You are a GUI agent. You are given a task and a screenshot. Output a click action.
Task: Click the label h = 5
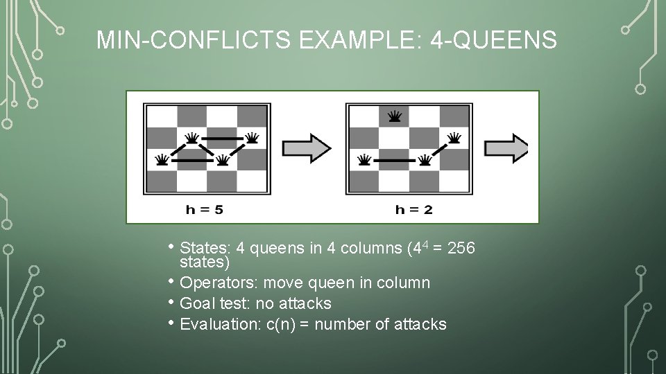[204, 209]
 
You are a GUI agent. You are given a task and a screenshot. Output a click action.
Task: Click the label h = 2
[413, 209]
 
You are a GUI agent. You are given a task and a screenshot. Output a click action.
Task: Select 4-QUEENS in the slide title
[493, 40]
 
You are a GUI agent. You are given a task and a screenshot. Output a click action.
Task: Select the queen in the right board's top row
[395, 116]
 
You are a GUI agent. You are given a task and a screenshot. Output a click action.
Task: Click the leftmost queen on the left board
[162, 161]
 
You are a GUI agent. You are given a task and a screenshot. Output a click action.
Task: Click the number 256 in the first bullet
[461, 248]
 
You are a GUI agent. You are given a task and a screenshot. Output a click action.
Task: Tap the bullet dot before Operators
[172, 281]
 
